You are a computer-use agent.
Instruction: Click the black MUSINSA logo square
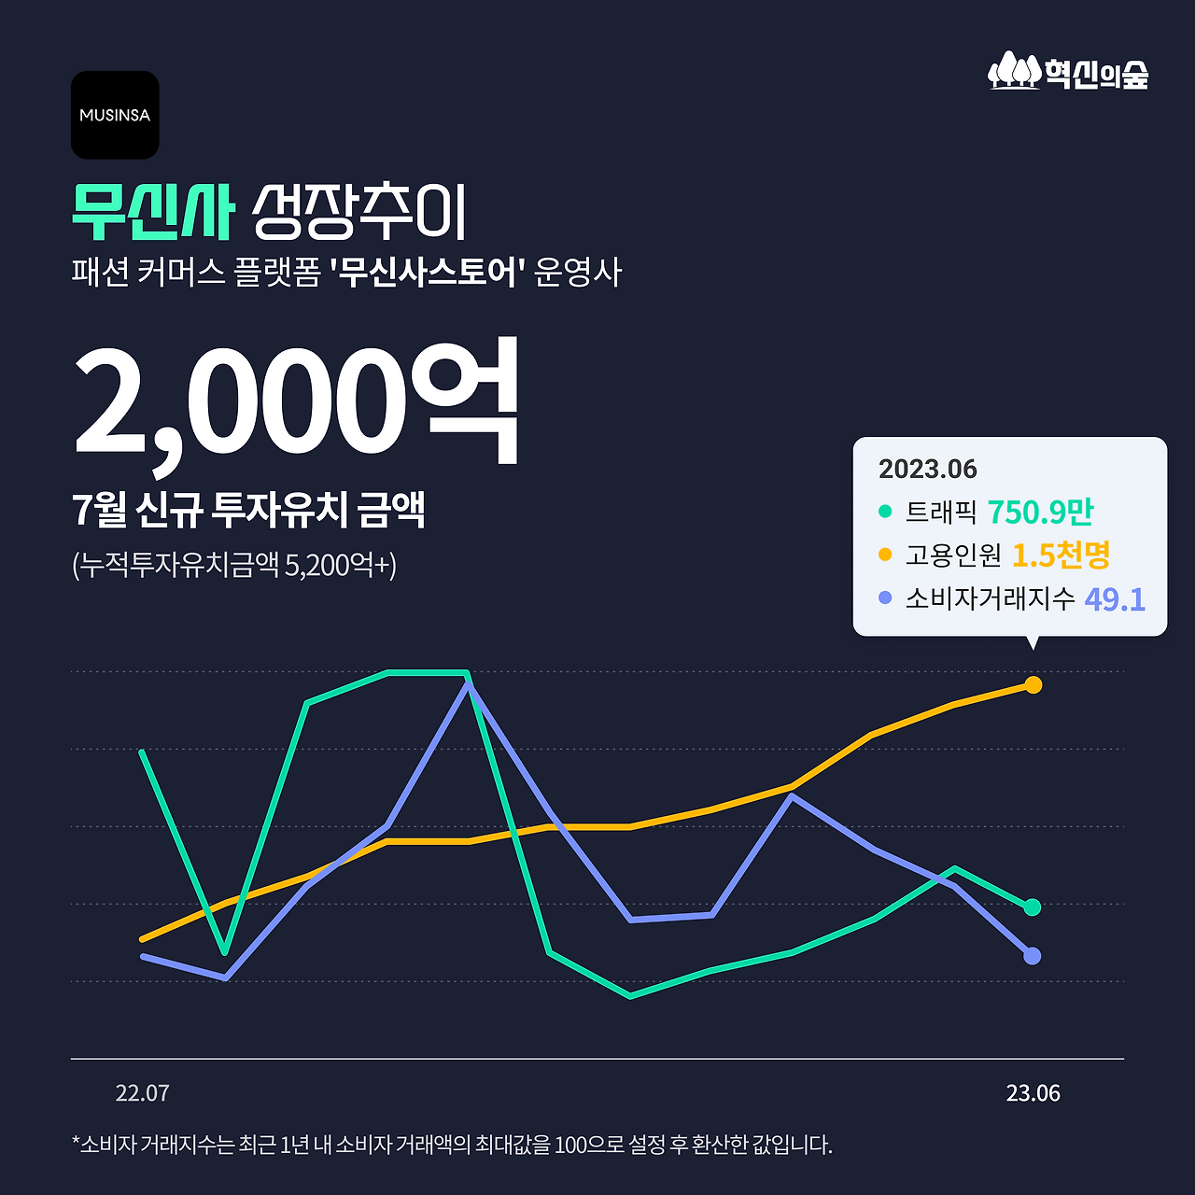coord(115,115)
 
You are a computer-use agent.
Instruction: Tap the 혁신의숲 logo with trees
coord(1068,71)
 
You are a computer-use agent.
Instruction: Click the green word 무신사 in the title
coord(152,212)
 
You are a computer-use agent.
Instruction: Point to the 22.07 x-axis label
coord(142,1093)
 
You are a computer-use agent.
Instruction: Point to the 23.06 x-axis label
coord(1033,1093)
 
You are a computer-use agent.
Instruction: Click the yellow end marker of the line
coord(1033,685)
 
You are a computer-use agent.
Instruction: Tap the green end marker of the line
coord(1032,907)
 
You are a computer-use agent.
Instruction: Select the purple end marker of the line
coord(1032,956)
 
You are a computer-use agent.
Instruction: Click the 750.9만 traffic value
coord(1040,512)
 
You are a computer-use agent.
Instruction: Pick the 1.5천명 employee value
coord(1061,555)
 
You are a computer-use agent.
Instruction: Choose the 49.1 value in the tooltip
coord(1115,598)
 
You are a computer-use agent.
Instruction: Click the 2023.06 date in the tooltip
coord(927,469)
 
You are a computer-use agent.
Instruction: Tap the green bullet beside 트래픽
coord(885,512)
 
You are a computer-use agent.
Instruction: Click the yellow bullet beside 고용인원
coord(885,555)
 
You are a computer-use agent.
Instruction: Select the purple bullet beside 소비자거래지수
coord(885,597)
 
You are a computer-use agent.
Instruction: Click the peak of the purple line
coord(468,684)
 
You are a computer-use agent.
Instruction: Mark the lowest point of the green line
coord(631,996)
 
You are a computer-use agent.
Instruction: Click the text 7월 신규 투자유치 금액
coord(248,510)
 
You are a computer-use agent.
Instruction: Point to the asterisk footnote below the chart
coord(452,1145)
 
